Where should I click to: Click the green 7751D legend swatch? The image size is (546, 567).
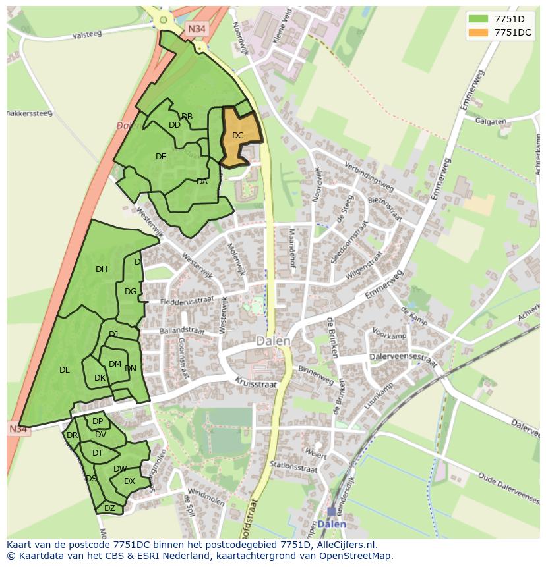(x=479, y=19)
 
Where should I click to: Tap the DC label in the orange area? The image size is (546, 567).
(x=238, y=136)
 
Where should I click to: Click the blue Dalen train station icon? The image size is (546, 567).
(x=331, y=512)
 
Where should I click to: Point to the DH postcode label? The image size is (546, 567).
(x=102, y=269)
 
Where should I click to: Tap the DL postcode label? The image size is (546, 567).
(x=65, y=370)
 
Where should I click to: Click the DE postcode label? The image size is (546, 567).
(x=161, y=157)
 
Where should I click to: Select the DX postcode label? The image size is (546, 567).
(x=129, y=481)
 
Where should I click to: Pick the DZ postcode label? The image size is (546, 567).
(x=109, y=508)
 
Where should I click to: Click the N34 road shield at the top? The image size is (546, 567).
(x=196, y=29)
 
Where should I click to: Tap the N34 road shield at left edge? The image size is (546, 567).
(x=18, y=429)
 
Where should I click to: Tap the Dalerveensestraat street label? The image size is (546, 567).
(x=404, y=360)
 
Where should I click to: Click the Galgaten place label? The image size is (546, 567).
(x=491, y=122)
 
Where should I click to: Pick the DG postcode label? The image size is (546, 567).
(x=131, y=292)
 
